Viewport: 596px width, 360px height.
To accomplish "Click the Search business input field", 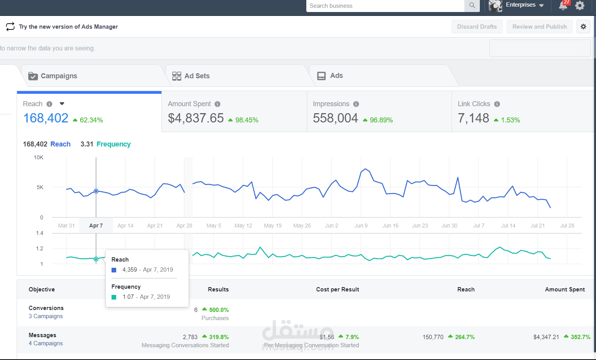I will click(385, 6).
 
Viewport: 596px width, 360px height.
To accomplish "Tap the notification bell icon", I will click(563, 5).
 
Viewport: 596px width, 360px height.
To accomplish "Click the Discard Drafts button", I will click(477, 27).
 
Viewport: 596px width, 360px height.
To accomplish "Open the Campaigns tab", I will click(58, 76).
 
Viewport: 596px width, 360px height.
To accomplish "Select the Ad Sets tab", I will click(197, 76).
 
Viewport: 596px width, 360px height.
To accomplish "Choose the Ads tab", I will click(336, 76).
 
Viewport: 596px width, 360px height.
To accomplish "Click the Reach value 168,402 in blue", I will click(46, 118).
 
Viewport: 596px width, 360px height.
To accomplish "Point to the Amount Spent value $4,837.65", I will click(196, 118).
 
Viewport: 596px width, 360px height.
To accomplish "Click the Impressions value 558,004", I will click(335, 118).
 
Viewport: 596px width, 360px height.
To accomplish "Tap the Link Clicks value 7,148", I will click(473, 118).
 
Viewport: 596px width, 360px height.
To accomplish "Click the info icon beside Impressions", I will click(356, 104).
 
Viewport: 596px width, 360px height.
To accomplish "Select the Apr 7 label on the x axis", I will click(96, 226).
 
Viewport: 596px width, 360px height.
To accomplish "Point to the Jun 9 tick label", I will click(361, 226).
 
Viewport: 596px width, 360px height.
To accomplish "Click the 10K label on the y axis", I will click(38, 157).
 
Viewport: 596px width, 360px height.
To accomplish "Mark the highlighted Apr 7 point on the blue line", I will click(96, 191).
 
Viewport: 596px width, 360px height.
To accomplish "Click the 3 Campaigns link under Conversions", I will click(46, 316).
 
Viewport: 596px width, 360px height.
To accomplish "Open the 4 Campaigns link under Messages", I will click(46, 343).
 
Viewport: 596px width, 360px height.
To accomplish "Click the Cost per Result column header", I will click(337, 289).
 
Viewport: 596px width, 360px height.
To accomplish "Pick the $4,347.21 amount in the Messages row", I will click(546, 337).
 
